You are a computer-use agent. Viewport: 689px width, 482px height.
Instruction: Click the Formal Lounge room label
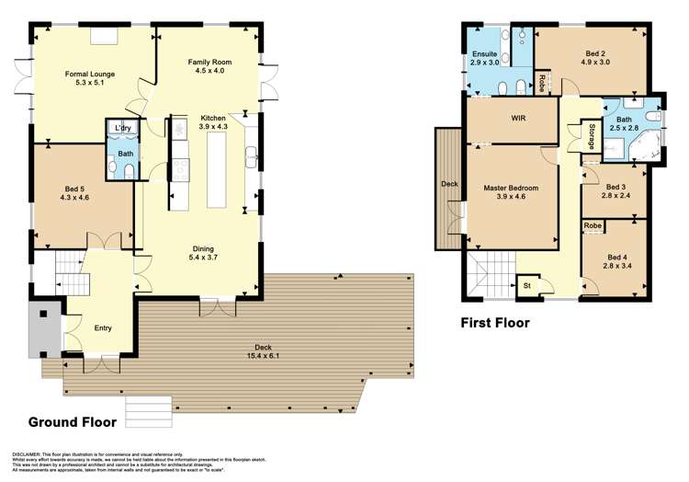(x=90, y=73)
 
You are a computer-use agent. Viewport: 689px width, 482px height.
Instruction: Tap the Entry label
(x=102, y=327)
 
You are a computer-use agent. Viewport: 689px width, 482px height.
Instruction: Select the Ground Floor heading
(x=73, y=422)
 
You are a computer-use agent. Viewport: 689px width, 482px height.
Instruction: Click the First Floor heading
(x=494, y=323)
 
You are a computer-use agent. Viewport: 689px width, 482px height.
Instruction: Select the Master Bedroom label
(x=511, y=192)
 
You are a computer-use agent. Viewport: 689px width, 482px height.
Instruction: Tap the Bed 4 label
(x=616, y=261)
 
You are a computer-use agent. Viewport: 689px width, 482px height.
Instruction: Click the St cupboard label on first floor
(x=527, y=285)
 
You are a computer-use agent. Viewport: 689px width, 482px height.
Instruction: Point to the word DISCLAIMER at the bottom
(x=29, y=454)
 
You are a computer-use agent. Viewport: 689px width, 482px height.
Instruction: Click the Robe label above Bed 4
(x=593, y=224)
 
